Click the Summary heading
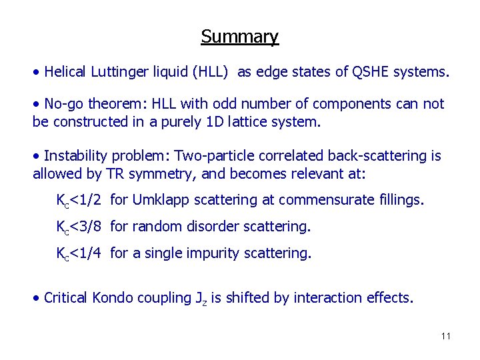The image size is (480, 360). click(x=239, y=36)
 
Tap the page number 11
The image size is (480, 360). click(x=446, y=335)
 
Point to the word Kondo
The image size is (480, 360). click(x=112, y=297)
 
